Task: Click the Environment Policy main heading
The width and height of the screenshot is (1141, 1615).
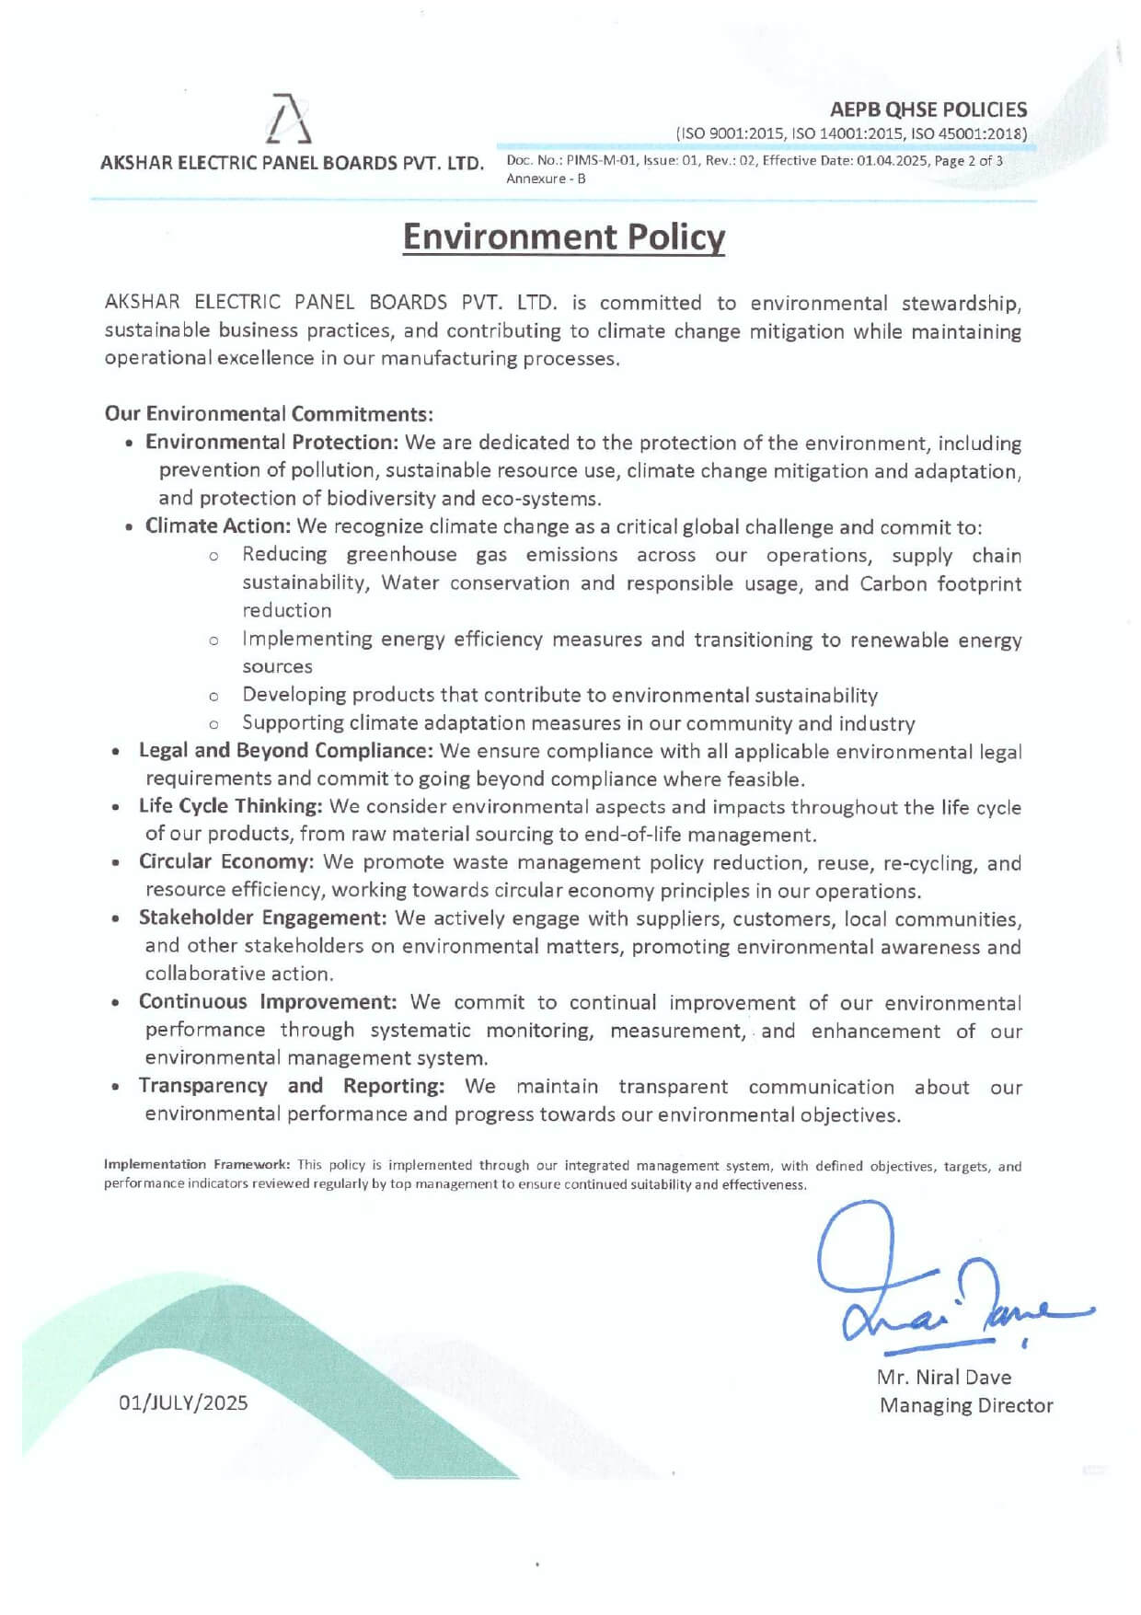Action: click(563, 236)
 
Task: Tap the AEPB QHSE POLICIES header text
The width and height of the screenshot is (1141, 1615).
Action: click(928, 110)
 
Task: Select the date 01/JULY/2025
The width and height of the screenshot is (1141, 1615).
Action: click(183, 1402)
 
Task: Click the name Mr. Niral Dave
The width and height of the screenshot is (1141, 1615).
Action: click(943, 1378)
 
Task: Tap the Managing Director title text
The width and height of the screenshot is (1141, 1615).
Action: click(965, 1405)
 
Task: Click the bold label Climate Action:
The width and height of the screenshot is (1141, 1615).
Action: click(218, 526)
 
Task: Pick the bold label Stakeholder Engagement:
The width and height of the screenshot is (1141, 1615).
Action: click(262, 918)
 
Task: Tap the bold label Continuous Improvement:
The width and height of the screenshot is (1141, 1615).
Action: click(268, 1002)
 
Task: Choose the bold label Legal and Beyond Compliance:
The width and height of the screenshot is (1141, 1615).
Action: click(285, 751)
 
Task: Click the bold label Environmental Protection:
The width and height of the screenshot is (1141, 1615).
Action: click(271, 443)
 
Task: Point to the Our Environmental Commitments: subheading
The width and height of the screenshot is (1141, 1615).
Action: click(269, 413)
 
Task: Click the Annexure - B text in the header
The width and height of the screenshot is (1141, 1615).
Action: click(546, 179)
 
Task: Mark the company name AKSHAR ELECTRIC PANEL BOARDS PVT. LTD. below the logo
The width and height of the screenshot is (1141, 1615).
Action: click(292, 164)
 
